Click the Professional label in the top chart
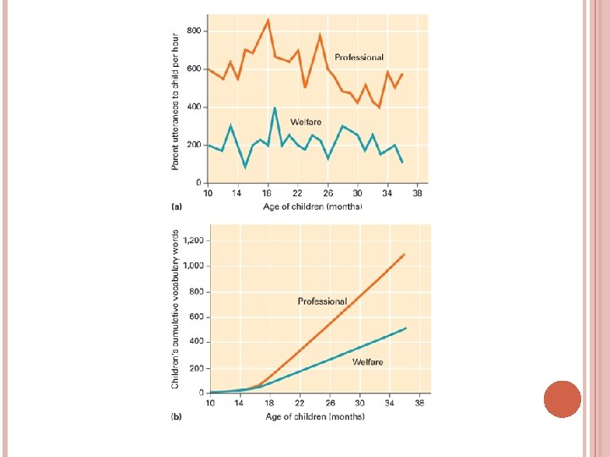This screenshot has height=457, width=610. point(358,58)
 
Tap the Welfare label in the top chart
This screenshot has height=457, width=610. point(306,122)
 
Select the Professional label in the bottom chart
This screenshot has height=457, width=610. point(322,301)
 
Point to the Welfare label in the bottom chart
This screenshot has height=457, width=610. point(368,361)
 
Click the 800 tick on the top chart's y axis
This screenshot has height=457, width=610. point(194,30)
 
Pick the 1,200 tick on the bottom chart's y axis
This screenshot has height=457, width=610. point(193,240)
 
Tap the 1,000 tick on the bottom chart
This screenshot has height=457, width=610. point(193,266)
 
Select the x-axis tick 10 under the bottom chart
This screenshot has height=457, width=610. point(210,404)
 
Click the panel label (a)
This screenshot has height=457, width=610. point(178,206)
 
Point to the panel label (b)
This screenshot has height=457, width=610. point(177,416)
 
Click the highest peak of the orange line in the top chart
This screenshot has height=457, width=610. point(268,19)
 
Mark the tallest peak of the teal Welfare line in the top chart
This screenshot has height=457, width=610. point(274,107)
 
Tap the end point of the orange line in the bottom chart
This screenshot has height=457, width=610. point(404,254)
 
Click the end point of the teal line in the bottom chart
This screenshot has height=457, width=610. point(406,328)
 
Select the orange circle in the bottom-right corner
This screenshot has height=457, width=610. point(562,399)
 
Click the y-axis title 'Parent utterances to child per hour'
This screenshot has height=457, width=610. point(175,101)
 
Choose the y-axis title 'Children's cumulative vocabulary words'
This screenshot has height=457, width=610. point(175,311)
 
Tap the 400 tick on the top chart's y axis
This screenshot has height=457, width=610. point(194,107)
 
